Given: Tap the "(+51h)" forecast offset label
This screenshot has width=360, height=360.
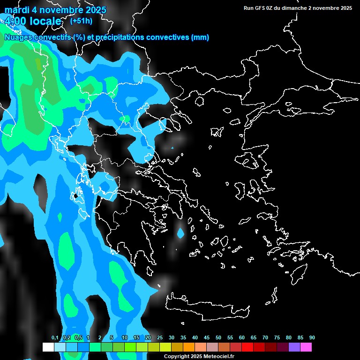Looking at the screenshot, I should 81,21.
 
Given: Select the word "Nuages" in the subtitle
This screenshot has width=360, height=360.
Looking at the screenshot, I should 18,37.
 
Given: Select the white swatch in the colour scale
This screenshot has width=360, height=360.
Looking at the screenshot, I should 48,347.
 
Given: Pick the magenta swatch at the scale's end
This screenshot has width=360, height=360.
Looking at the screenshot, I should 306,347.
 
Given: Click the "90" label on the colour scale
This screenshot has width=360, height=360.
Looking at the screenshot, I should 312,338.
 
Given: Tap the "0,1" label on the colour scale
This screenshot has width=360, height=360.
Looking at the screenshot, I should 55,338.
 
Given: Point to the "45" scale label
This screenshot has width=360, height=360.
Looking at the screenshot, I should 207,338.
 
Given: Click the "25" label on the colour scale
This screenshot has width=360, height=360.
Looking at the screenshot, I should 160,338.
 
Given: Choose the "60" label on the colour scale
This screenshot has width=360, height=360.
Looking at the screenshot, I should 242,338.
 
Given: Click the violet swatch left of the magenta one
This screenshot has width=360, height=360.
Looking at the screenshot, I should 294,347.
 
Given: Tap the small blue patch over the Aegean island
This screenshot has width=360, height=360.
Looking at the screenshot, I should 180,232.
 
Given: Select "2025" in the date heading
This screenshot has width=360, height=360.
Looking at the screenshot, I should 93,10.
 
